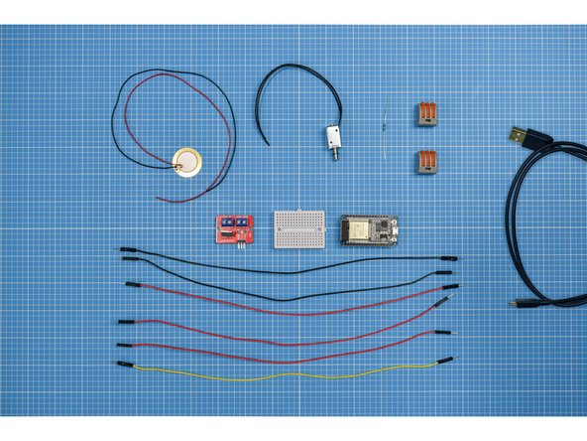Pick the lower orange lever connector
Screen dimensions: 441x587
425,162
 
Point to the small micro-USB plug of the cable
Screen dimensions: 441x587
518,303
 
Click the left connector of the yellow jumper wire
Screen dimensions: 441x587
127,365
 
